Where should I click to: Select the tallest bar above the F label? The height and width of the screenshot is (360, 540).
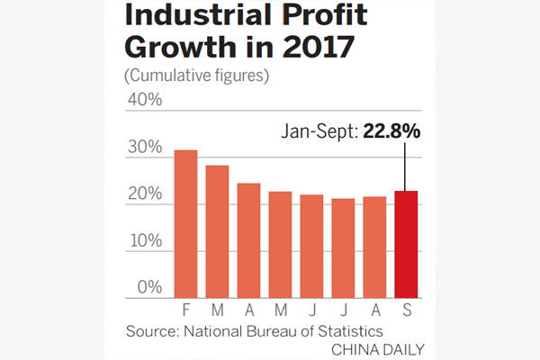tap(185, 223)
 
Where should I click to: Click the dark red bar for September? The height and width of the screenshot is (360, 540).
tap(407, 244)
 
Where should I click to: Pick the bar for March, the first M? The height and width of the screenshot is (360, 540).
tap(217, 231)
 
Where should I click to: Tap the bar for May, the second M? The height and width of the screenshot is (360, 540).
tap(280, 244)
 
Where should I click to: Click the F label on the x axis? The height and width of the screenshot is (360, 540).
tap(185, 309)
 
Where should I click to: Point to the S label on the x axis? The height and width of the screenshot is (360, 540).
tap(407, 309)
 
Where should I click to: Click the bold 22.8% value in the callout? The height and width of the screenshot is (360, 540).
tap(391, 132)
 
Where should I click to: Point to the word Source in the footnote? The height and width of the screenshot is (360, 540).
tap(151, 329)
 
